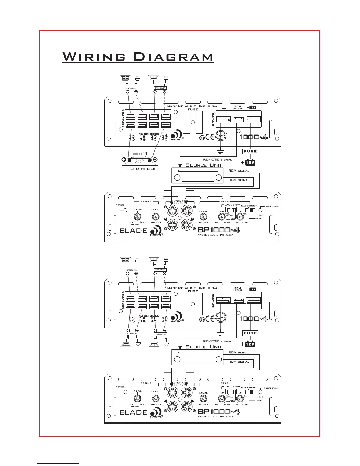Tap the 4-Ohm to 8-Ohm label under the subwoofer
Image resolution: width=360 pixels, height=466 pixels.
[143, 169]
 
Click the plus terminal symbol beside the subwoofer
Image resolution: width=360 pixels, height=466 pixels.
[124, 160]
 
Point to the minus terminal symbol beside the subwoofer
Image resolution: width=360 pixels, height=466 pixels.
[156, 160]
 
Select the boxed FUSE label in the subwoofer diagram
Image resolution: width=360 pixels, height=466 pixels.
[250, 152]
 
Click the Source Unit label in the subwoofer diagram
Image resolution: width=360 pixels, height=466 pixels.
[204, 165]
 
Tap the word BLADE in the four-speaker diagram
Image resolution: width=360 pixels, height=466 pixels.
[133, 412]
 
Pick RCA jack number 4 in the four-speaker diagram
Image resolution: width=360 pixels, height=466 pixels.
[186, 407]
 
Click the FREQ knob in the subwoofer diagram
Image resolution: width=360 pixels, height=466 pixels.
[137, 217]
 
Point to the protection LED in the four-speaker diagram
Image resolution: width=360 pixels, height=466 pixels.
[260, 392]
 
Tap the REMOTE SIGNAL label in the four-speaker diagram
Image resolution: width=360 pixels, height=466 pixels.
[217, 342]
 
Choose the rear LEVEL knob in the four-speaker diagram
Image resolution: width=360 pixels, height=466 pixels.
[203, 399]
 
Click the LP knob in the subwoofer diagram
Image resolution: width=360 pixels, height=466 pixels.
[240, 217]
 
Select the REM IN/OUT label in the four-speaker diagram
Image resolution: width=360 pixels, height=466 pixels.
[237, 289]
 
